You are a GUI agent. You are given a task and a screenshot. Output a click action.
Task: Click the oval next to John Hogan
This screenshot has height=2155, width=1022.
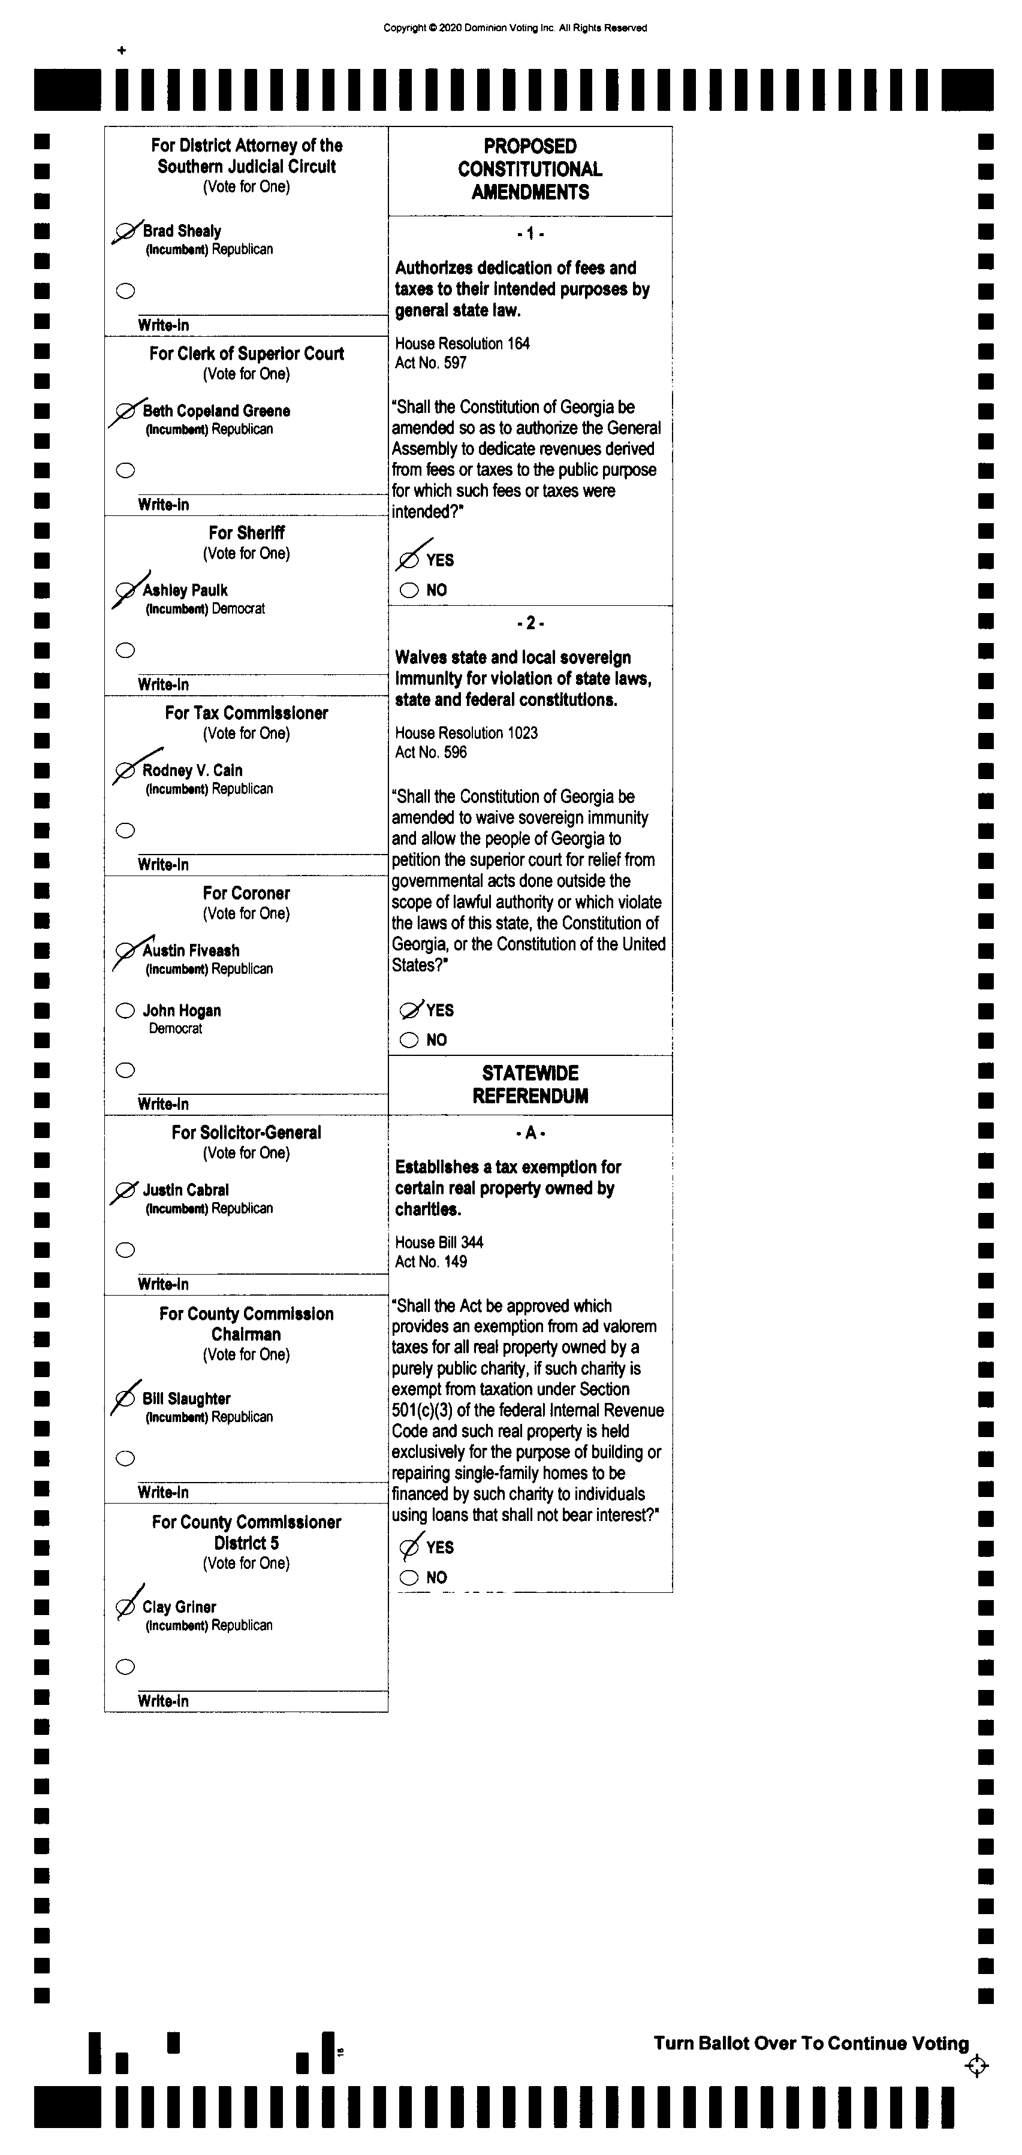[x=125, y=1010]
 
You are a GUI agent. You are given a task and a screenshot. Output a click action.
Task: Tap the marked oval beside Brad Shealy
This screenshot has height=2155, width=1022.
[x=125, y=231]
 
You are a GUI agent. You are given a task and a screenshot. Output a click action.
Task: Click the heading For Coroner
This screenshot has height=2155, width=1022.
[x=246, y=892]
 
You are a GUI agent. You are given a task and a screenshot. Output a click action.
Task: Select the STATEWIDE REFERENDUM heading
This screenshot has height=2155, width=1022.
[x=530, y=1084]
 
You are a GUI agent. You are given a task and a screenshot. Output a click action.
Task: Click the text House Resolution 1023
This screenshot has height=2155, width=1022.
[x=466, y=733]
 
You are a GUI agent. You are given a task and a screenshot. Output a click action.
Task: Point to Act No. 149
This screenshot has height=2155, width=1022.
[x=431, y=1261]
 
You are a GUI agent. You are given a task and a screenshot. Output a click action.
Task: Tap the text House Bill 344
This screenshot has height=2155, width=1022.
[x=439, y=1242]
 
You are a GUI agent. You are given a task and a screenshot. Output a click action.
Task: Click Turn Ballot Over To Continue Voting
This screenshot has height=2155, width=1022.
[x=810, y=2044]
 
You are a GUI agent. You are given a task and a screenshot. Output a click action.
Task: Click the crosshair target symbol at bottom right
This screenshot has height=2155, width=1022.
[x=976, y=2066]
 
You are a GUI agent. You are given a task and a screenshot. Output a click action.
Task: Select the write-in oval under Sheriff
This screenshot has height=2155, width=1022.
[x=125, y=650]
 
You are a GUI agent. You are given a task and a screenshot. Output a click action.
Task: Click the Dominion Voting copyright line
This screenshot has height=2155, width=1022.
[x=515, y=28]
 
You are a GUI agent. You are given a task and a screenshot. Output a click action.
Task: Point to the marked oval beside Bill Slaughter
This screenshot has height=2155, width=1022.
[x=125, y=1399]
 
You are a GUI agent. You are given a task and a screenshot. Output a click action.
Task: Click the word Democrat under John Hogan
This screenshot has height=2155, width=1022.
[x=175, y=1029]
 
